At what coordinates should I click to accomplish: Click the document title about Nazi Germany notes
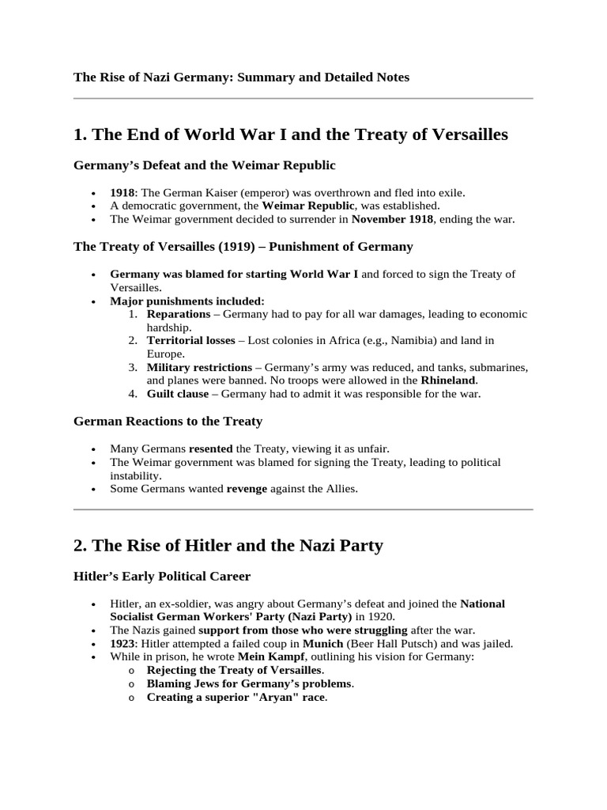click(241, 77)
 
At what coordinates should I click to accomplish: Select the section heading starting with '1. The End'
click(290, 134)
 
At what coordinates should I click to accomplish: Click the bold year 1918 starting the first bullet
click(123, 192)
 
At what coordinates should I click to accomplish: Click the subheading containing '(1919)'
click(243, 246)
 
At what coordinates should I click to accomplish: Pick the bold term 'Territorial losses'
click(190, 341)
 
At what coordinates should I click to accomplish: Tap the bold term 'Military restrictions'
click(201, 368)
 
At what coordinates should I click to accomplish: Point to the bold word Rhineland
click(448, 380)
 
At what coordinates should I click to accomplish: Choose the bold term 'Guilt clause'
click(178, 394)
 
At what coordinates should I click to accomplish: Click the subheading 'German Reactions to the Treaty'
click(168, 422)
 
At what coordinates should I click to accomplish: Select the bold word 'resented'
click(210, 449)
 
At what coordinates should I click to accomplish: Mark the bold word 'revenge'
click(247, 489)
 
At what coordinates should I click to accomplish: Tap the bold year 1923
click(123, 643)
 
